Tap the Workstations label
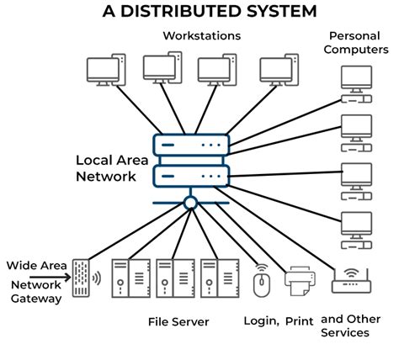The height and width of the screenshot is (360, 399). tap(201, 35)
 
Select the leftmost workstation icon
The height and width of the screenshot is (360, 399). tap(107, 70)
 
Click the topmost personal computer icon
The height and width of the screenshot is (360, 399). tap(355, 81)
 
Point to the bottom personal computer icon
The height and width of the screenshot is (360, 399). tap(355, 226)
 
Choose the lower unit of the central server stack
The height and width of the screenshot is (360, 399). tap(191, 177)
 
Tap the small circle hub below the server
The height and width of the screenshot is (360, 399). tap(191, 203)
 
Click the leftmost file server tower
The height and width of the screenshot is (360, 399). tap(121, 277)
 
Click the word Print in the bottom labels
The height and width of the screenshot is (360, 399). tap(299, 321)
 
